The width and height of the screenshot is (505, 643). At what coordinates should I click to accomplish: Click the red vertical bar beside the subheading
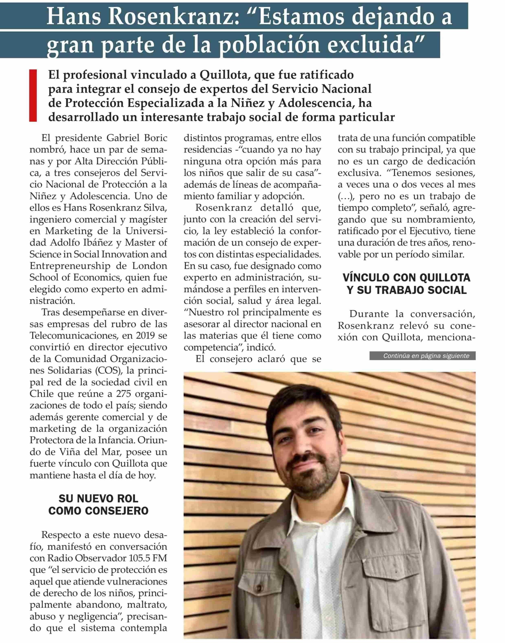point(33,95)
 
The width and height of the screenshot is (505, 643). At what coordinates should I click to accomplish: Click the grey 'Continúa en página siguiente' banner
point(422,356)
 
